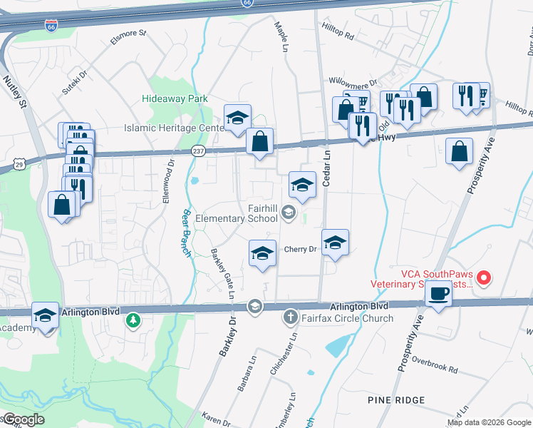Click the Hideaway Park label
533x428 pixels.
tap(175, 98)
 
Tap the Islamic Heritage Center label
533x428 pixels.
tap(174, 128)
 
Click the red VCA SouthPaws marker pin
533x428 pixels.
tap(484, 277)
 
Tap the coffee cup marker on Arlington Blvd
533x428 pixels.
tap(438, 293)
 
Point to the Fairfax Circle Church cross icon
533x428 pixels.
tap(291, 317)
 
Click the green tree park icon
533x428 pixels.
tap(133, 320)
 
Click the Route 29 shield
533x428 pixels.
tap(19, 164)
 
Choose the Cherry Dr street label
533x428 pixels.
tap(300, 249)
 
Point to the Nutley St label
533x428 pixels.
tap(15, 93)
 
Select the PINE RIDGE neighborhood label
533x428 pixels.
tap(396, 399)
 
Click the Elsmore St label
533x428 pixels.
tap(128, 37)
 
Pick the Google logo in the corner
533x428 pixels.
tap(23, 419)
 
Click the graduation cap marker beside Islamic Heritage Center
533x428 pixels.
tap(238, 118)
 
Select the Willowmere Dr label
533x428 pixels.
tap(352, 83)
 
